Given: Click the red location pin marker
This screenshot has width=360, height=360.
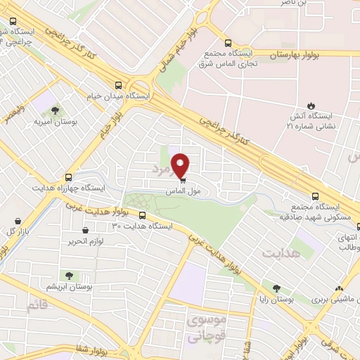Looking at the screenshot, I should (181, 165).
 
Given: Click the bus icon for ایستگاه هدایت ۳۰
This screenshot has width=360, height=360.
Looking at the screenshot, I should (143, 216).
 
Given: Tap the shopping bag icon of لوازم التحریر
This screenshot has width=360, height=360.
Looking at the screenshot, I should (86, 230).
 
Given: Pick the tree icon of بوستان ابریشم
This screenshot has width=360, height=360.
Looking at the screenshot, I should (69, 276).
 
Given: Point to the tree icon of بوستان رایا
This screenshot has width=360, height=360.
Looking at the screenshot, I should (276, 288).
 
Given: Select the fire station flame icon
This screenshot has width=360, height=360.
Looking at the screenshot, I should (307, 104).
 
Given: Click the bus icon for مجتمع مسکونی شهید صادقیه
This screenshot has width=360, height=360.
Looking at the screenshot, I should (316, 198).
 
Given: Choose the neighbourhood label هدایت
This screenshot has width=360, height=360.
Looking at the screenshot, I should (280, 251).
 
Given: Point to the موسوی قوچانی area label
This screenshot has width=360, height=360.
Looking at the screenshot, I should (207, 328).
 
